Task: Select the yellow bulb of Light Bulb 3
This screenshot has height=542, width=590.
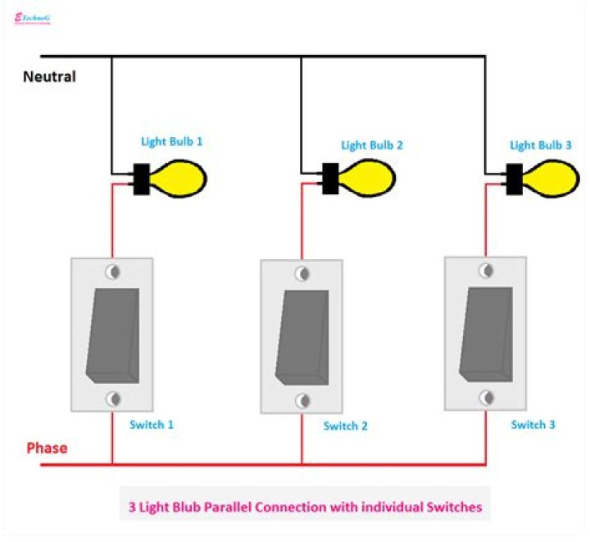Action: click(x=555, y=177)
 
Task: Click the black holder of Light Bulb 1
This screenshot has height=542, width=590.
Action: click(x=141, y=179)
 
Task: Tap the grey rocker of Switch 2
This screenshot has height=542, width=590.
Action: click(x=302, y=338)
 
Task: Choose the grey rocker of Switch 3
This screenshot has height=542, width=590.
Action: click(x=486, y=333)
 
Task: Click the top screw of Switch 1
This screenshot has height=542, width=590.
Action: click(x=112, y=272)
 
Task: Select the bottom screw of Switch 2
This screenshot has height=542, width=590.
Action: click(x=302, y=400)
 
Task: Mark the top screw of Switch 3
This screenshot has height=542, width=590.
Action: click(x=486, y=270)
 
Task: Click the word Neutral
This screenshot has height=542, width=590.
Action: click(x=49, y=77)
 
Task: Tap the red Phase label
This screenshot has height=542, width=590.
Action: click(x=47, y=449)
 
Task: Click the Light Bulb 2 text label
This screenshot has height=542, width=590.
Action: click(x=372, y=145)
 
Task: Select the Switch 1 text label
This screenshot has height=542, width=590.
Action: click(x=152, y=425)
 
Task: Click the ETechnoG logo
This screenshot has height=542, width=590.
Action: click(x=33, y=18)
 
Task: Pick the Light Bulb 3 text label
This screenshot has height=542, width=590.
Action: click(x=541, y=145)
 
